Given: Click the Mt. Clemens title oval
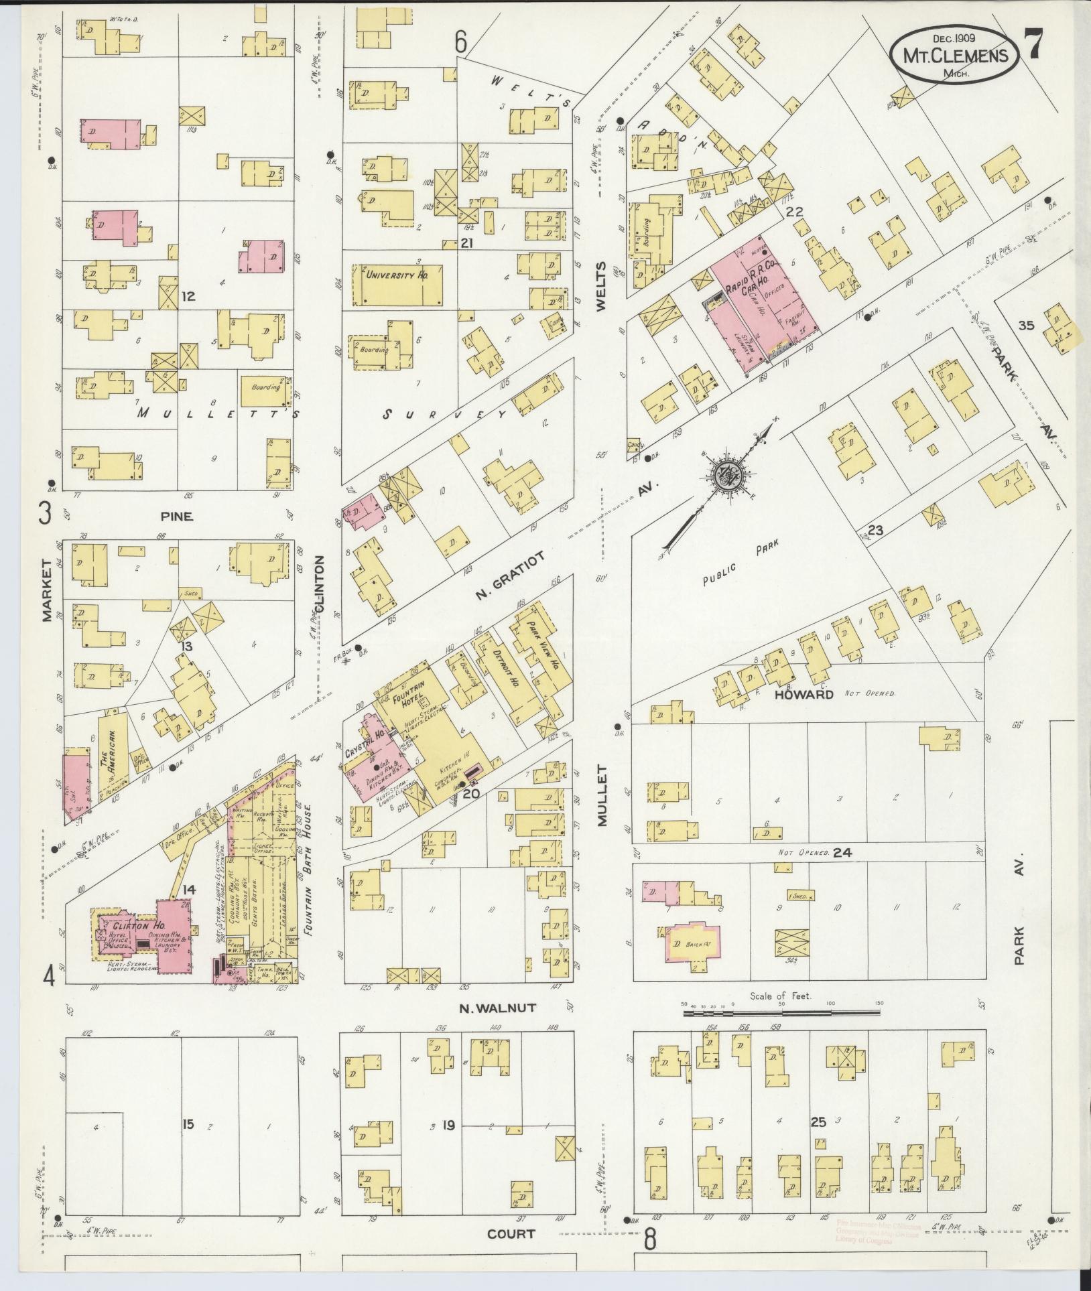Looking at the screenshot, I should coord(954,55).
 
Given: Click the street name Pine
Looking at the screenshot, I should coord(176,516).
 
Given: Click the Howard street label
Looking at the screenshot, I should coord(804,694).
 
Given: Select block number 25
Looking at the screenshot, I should coord(818,1121).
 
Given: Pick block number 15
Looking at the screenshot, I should coord(188,1124).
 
